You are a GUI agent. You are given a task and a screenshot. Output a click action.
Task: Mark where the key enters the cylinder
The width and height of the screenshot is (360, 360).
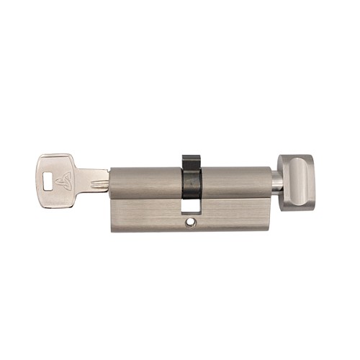110,179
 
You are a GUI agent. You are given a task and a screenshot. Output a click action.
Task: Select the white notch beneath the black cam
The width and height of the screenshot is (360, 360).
192,206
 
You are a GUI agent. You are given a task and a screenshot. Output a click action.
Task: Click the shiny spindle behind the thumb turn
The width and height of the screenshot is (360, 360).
276,181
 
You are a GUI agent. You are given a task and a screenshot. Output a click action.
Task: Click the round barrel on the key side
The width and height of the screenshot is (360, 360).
144,183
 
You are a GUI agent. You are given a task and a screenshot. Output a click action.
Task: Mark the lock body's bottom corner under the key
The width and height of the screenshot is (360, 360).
114,229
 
